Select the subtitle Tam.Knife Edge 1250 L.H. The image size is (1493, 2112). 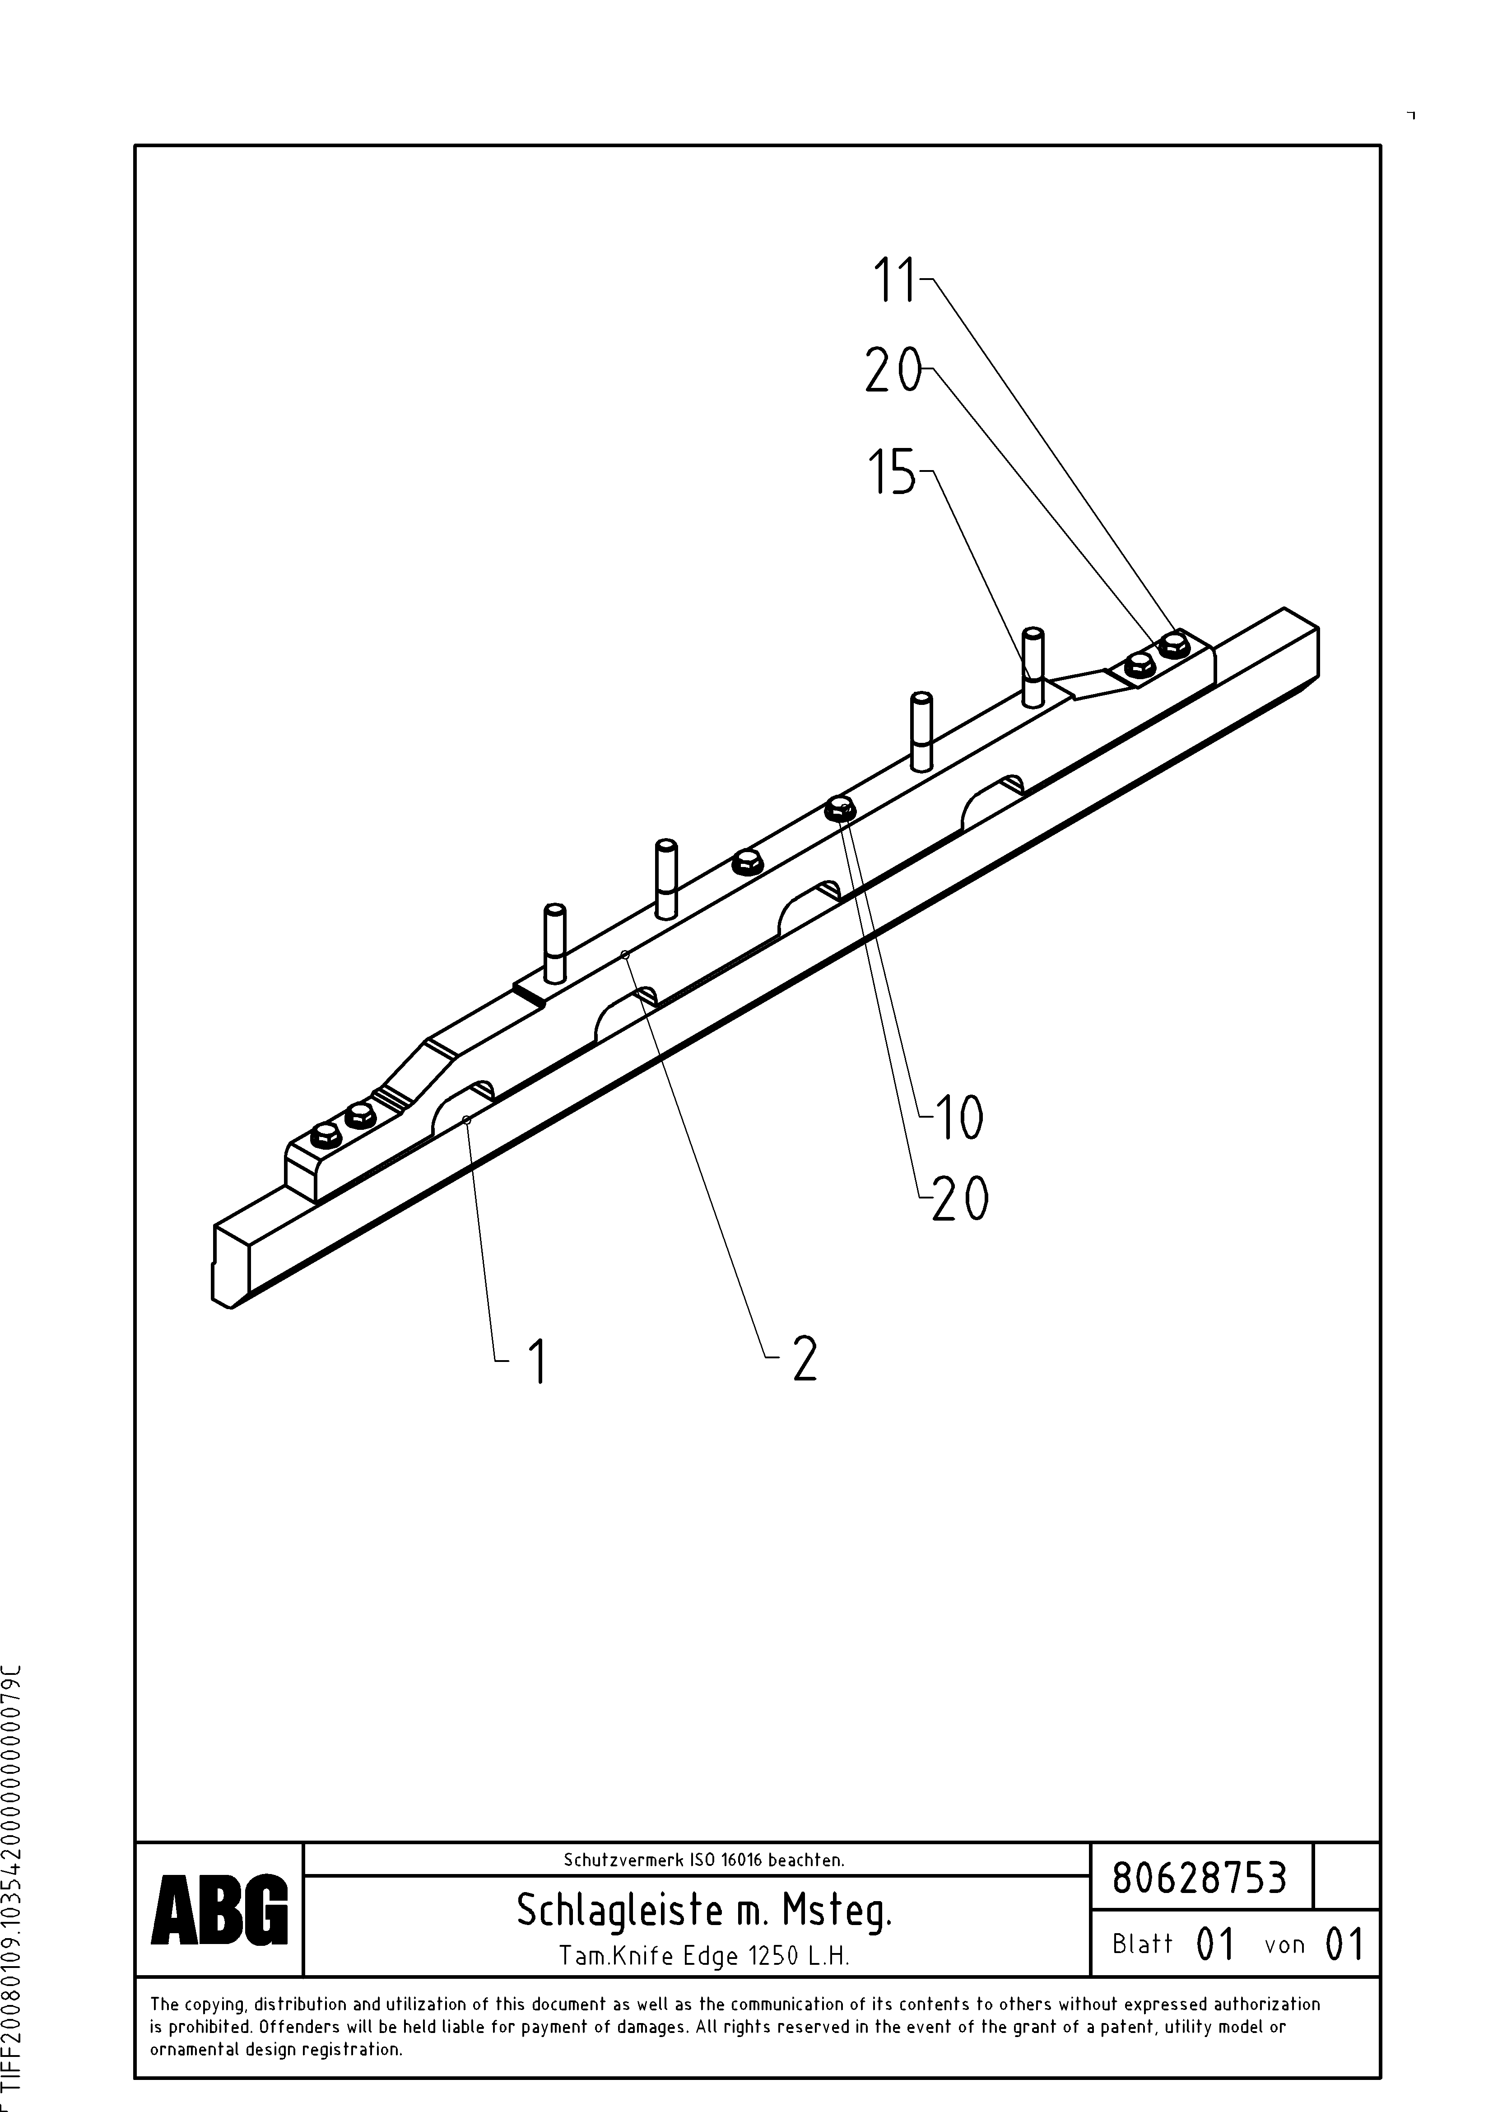coord(704,1955)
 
